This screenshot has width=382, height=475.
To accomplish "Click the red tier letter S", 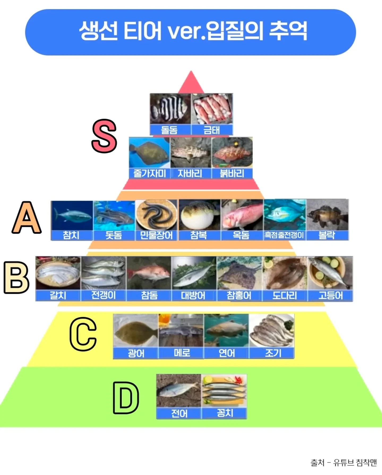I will [104, 136].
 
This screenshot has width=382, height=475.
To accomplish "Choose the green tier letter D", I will [126, 398].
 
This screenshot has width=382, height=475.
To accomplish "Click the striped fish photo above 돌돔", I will [170, 109].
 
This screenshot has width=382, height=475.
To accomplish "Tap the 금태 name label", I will [212, 130].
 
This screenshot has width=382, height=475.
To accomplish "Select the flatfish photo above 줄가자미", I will [149, 152].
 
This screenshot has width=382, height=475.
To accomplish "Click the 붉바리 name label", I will [232, 173].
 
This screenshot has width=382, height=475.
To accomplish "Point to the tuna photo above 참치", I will [72, 215].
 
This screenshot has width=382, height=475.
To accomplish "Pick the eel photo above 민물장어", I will [156, 215].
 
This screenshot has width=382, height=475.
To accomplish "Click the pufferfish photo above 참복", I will [199, 215].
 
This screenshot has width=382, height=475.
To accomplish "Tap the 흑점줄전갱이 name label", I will [284, 235].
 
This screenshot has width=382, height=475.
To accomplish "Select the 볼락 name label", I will [327, 235].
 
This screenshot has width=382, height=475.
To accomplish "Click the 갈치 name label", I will [58, 295].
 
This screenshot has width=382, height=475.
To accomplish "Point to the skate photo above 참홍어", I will [239, 273].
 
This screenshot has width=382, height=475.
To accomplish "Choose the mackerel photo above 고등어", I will [330, 273].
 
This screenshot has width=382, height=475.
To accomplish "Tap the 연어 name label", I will [226, 353].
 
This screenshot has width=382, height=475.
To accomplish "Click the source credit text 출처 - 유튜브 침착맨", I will [344, 463].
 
